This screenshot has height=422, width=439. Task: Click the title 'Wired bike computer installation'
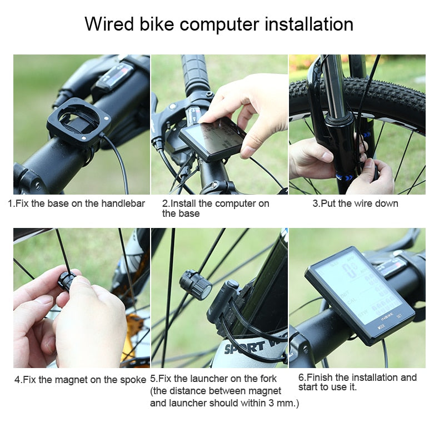tap(219, 24)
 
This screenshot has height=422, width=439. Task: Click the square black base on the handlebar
tap(79, 120)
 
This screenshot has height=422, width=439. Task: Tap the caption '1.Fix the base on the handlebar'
tap(76, 203)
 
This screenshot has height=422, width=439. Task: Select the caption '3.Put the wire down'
tap(355, 203)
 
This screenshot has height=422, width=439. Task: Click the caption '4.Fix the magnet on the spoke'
tap(80, 380)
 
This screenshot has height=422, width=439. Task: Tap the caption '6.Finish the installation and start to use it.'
tap(357, 382)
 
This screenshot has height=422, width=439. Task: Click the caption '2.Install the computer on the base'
tap(215, 208)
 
